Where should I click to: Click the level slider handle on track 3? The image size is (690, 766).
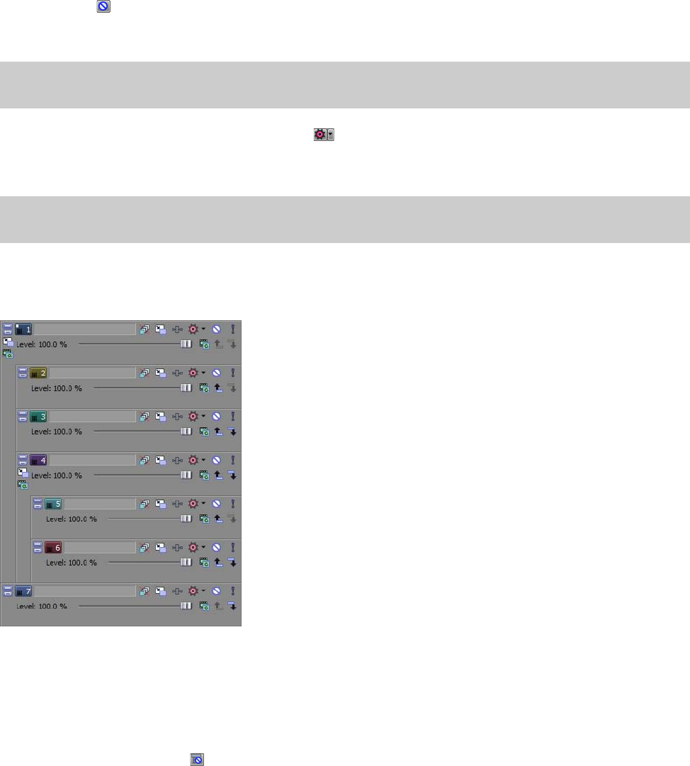[186, 431]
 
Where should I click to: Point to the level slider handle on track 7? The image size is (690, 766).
[186, 606]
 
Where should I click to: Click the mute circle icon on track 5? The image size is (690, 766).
[217, 504]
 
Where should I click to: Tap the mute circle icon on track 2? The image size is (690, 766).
[217, 373]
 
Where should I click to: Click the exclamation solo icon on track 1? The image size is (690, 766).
[232, 329]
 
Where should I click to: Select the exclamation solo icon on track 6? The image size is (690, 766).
[232, 547]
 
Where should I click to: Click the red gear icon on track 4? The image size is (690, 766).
[193, 460]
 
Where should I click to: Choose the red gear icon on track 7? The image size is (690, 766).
[193, 590]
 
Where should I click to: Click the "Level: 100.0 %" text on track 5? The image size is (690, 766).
[72, 519]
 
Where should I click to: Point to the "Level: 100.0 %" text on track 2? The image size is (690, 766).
[57, 388]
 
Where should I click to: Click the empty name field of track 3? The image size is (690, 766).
[92, 417]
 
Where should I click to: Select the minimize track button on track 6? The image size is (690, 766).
[38, 547]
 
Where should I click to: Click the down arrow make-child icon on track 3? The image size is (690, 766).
[232, 431]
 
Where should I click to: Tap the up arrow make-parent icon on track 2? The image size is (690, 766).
[218, 388]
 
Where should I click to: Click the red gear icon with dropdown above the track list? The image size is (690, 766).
[319, 134]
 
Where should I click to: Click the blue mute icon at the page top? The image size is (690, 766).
[103, 6]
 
